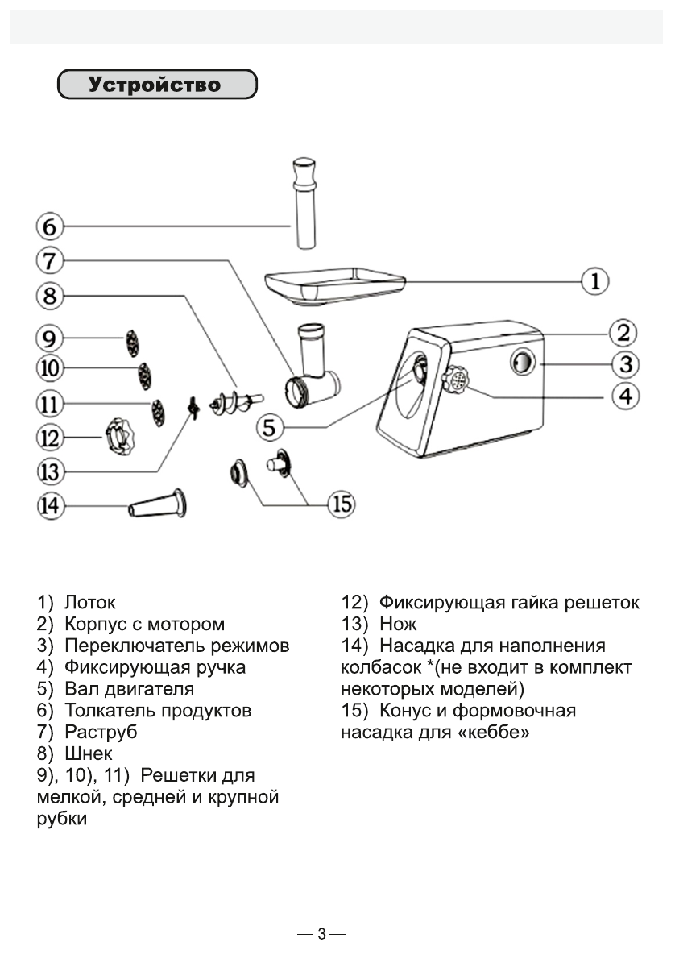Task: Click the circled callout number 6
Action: pos(48,227)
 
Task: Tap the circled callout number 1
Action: pos(594,281)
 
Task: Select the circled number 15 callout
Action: pos(342,504)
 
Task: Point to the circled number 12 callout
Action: pos(48,438)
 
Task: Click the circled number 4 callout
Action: pos(625,396)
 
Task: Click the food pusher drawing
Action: pos(302,203)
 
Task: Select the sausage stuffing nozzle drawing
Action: pos(157,505)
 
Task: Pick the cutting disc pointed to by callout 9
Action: pos(131,342)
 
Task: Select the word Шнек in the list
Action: pos(88,754)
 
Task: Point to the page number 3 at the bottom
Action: pos(321,935)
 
